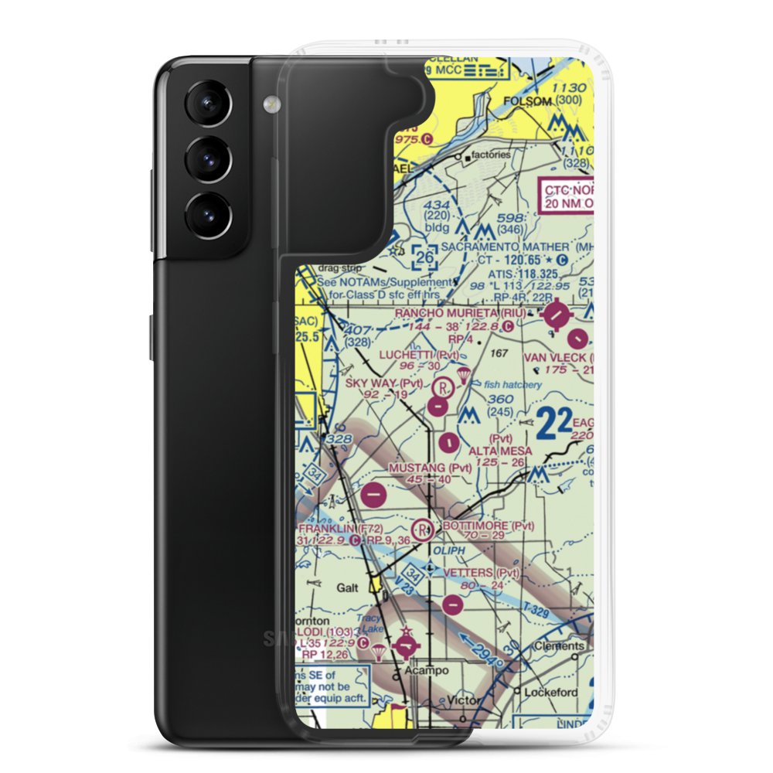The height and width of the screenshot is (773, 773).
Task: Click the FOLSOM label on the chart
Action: click(528, 102)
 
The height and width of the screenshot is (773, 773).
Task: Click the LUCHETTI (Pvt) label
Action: click(418, 355)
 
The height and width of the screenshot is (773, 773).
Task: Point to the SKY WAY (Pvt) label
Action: click(384, 383)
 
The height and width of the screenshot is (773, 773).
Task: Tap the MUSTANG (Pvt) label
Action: click(431, 468)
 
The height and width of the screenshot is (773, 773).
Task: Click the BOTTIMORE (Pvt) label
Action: click(488, 526)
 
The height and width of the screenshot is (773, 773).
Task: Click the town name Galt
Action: click(347, 587)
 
